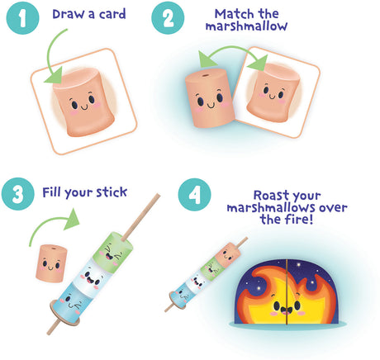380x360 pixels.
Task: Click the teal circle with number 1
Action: pos(23,18)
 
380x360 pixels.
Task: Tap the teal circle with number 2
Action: pos(168,18)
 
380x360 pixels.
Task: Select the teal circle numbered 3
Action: pos(18,194)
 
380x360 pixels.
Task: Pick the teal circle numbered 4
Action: pos(195,195)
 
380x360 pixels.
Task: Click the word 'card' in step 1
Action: pos(112,14)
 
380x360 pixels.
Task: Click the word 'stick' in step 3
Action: pos(112,192)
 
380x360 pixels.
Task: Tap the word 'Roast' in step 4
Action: pos(268,195)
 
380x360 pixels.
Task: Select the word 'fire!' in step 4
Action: pos(300,220)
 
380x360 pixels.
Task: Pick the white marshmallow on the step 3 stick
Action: pos(91,277)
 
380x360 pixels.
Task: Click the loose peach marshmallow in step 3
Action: pos(51,263)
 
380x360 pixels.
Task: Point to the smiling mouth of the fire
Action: pos(286,310)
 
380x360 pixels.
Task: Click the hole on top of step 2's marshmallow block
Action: pos(204,75)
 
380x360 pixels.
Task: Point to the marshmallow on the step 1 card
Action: pos(83,102)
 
